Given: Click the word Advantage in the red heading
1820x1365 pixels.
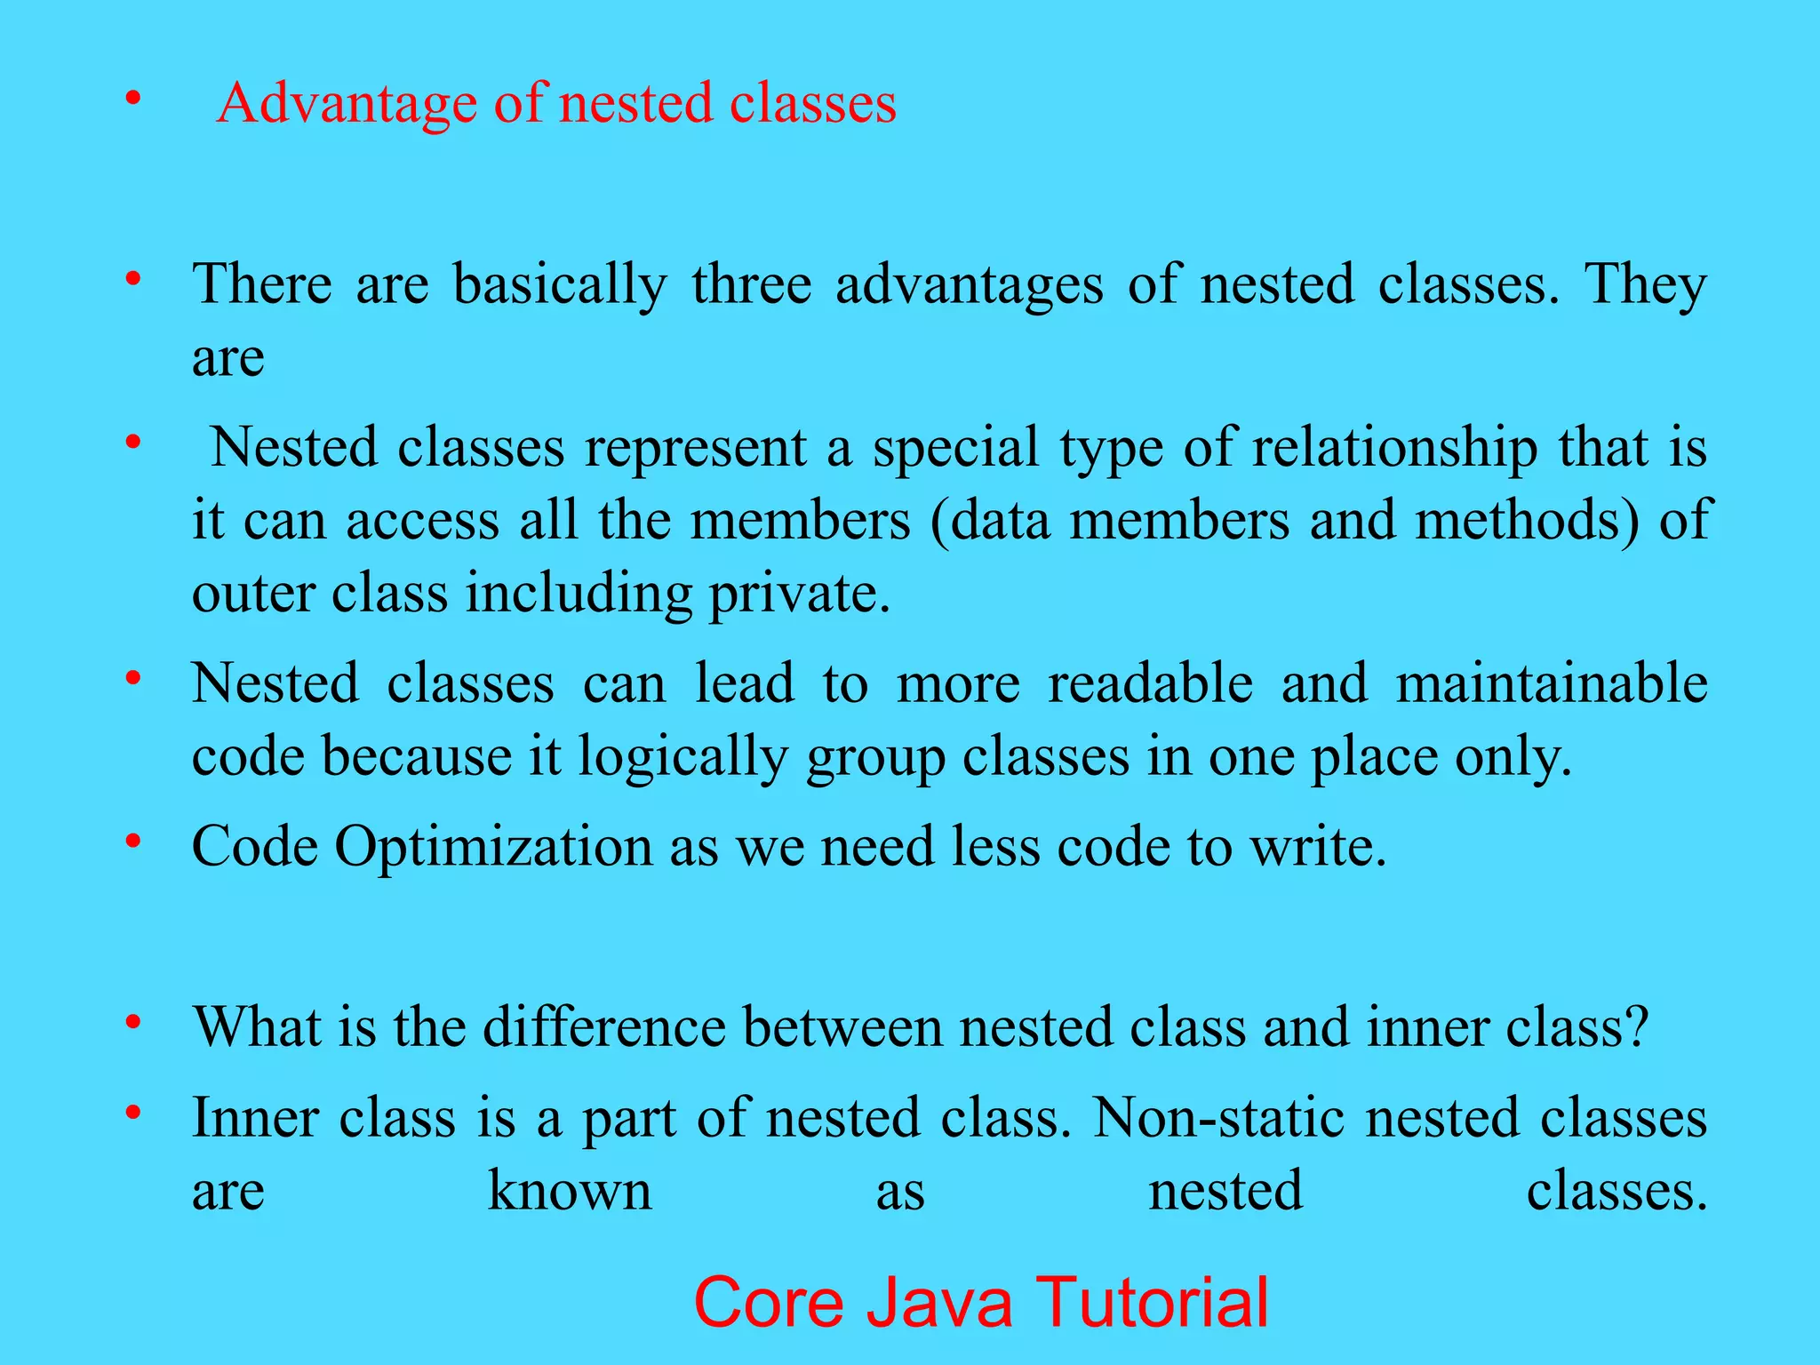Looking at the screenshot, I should (347, 104).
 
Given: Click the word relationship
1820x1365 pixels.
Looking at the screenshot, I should (1395, 447).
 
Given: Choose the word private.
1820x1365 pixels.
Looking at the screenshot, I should (799, 595).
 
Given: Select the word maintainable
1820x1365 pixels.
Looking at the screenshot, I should (1551, 683).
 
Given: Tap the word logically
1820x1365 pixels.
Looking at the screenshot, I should (682, 758).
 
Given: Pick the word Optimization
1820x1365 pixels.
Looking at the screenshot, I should (493, 846).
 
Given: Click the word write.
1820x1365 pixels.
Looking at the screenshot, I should (1319, 846).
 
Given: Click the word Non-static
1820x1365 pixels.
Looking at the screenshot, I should (1218, 1118).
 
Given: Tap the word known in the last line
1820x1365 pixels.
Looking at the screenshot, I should (570, 1192).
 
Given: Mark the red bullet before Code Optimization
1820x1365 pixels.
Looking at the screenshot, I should (133, 841).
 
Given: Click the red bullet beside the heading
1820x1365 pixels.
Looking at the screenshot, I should (133, 98).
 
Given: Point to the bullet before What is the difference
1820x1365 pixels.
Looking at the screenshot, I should (133, 1022).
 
